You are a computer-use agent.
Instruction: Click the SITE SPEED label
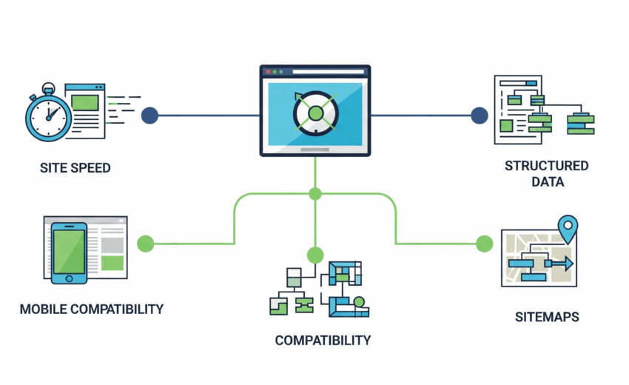pos(75,168)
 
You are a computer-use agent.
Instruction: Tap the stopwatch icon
pos(49,115)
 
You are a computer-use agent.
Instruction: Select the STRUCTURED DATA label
pos(547,173)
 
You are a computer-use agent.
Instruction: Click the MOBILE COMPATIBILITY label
pos(92,309)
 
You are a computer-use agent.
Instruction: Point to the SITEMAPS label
pos(547,317)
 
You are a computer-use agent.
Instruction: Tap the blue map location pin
pos(568,228)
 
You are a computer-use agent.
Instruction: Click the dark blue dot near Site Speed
pos(150,115)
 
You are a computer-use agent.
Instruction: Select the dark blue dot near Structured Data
pos(480,115)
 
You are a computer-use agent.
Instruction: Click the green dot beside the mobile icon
pos(146,243)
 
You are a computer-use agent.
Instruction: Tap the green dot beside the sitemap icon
pos(484,243)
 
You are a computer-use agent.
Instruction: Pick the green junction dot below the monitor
pos(315,194)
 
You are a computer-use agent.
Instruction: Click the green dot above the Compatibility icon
pos(315,255)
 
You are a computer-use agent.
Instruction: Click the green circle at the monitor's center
pos(316,113)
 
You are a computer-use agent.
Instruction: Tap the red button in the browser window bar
pos(268,72)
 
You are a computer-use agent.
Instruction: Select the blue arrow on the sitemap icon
pos(561,263)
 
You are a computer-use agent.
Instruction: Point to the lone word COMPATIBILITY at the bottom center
pos(323,341)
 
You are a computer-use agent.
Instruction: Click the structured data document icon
pos(522,110)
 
